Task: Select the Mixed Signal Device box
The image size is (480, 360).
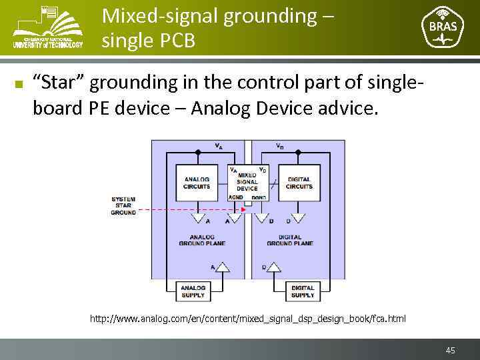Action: pos(247,181)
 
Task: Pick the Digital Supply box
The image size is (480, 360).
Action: pos(303,291)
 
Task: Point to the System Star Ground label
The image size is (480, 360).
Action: pos(123,206)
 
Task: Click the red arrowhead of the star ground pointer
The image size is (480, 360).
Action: pos(243,209)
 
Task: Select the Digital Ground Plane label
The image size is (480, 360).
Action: pos(289,240)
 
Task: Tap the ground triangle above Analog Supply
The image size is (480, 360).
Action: pos(223,267)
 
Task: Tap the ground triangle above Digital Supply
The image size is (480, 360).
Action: pos(274,267)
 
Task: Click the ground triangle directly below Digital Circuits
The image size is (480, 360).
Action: pos(299,217)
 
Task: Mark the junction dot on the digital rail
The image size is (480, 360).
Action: pos(299,152)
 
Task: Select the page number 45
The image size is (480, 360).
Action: pos(451,350)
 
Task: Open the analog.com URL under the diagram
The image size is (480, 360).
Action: pos(247,319)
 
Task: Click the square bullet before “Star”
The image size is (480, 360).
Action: pos(19,84)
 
